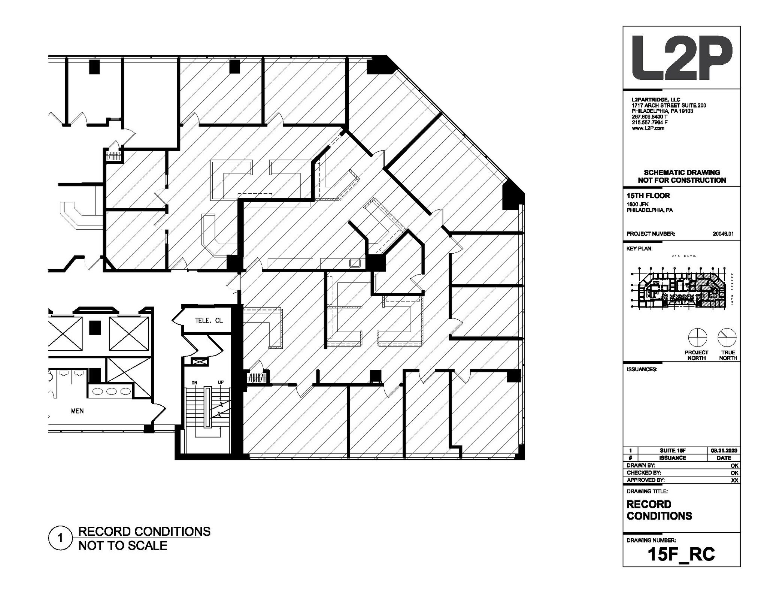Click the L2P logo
point(681,58)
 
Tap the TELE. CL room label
point(209,321)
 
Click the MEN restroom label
point(77,411)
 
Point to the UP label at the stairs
point(221,382)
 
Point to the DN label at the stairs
point(194,382)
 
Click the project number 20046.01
point(723,234)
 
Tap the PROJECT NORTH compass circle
point(697,338)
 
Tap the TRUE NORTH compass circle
point(727,338)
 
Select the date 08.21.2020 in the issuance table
point(724,451)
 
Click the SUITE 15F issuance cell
point(673,451)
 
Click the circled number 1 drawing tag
point(60,539)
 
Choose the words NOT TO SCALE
point(122,546)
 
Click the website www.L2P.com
point(648,128)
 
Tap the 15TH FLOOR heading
point(648,196)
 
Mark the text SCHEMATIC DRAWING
point(682,173)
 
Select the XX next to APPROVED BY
point(734,480)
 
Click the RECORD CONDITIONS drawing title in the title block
point(659,510)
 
